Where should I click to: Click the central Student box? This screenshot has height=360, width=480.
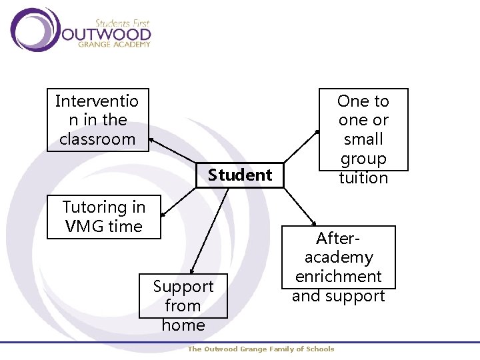click(239, 175)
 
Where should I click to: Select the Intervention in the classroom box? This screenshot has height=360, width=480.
click(97, 120)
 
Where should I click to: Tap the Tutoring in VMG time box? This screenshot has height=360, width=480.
click(105, 217)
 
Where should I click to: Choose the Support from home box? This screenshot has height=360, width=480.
click(183, 296)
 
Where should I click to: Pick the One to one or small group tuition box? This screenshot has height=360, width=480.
click(363, 130)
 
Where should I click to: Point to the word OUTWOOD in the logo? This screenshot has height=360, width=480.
click(107, 33)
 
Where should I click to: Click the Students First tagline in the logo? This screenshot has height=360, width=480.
click(123, 23)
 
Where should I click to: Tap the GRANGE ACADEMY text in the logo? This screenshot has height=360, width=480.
click(114, 45)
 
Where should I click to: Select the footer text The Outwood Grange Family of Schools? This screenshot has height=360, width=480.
click(261, 349)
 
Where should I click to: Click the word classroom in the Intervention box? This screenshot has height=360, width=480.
click(97, 139)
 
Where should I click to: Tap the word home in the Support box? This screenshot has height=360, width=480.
click(183, 325)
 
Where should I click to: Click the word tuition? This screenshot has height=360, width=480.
click(363, 178)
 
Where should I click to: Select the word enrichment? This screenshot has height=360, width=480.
click(339, 277)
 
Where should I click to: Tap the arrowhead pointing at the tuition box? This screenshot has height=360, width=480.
click(317, 129)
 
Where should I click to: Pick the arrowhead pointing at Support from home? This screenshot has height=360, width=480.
click(191, 271)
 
